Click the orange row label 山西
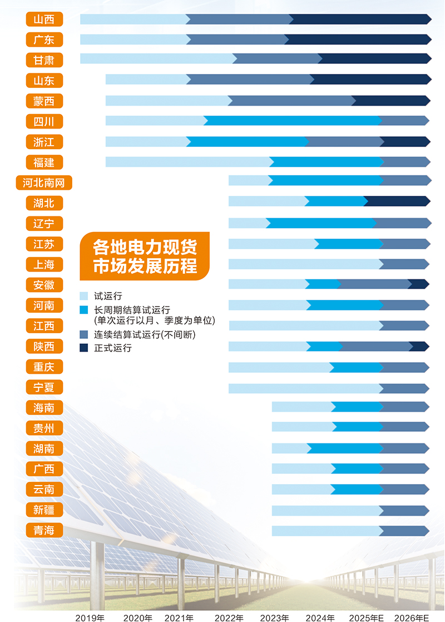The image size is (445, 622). (44, 19)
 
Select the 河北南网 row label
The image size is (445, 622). (44, 182)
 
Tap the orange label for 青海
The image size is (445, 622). (44, 530)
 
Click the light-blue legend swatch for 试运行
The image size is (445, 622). (84, 296)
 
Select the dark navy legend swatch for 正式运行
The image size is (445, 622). (84, 348)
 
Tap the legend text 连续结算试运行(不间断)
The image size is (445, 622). (145, 334)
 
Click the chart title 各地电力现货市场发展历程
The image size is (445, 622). (145, 256)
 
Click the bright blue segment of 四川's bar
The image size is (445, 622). (292, 121)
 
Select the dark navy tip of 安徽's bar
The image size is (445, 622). (418, 284)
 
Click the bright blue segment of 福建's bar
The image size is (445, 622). (327, 162)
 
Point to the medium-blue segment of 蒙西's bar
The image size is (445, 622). (292, 101)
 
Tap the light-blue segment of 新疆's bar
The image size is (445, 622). (325, 510)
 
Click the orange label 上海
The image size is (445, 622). (44, 264)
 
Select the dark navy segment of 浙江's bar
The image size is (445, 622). (405, 141)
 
